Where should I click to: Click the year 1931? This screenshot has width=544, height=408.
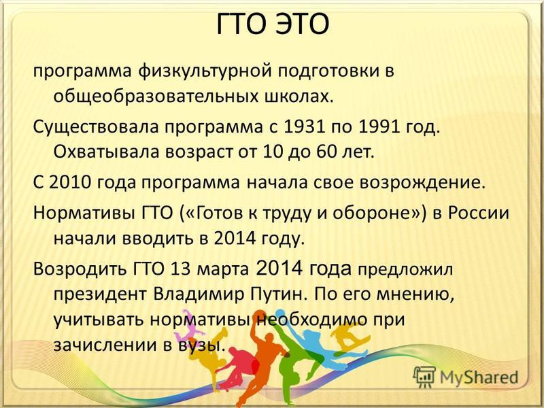304,127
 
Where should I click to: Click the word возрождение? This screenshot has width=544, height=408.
421,183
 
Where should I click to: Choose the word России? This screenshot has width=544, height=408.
478,213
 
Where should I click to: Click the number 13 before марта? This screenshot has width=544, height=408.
181,269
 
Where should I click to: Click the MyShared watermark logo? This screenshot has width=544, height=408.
466,377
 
